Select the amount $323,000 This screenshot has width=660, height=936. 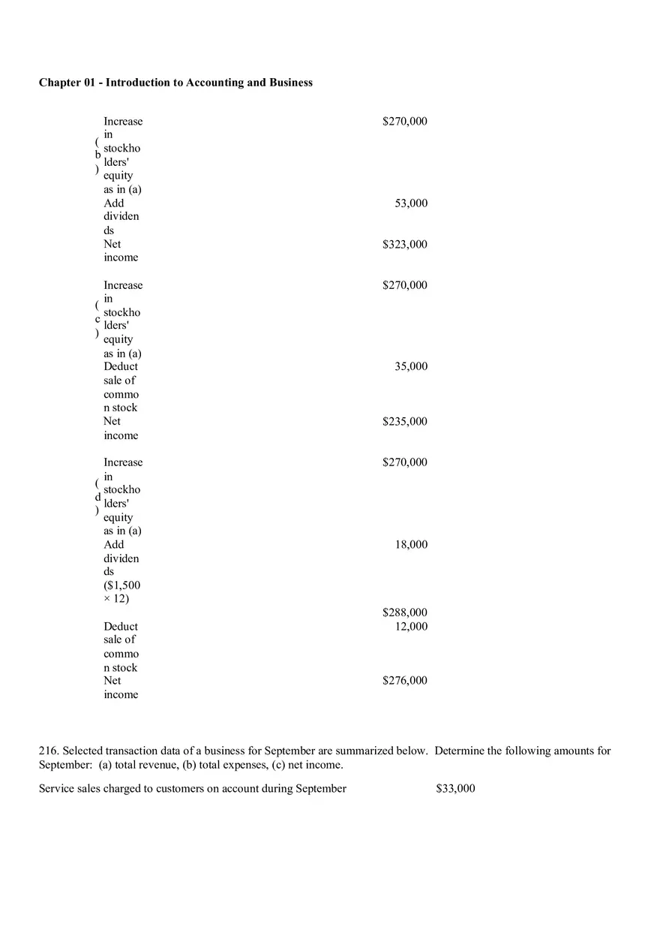[x=405, y=245]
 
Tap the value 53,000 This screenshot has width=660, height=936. [x=411, y=203]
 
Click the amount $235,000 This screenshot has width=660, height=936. [x=405, y=422]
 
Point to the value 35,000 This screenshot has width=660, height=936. [x=411, y=367]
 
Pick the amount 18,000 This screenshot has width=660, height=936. [x=411, y=545]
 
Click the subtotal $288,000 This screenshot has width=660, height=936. [x=405, y=613]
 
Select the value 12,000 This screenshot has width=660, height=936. [x=411, y=627]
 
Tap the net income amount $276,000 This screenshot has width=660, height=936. [x=405, y=681]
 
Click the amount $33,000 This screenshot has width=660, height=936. [x=455, y=789]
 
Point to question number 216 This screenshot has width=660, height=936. [x=49, y=751]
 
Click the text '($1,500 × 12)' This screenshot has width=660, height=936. [x=121, y=592]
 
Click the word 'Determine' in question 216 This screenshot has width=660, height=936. [x=459, y=751]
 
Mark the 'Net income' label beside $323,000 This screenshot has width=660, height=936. [x=121, y=251]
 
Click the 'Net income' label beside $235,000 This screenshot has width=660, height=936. [x=121, y=429]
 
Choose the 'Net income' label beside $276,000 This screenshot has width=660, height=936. [x=121, y=688]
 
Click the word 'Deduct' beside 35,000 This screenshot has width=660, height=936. [x=121, y=367]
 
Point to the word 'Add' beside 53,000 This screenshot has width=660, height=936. [x=114, y=203]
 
